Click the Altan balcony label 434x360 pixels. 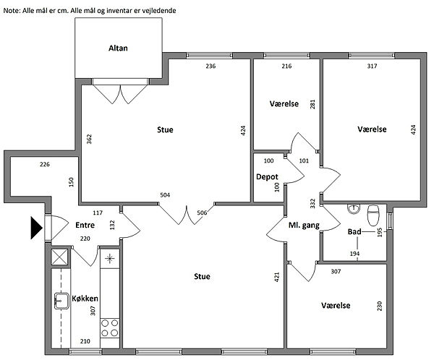(118, 48)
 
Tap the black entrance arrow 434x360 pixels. (37, 228)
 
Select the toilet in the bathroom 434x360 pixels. (373, 215)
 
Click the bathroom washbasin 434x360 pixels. (354, 209)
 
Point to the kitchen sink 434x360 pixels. (61, 301)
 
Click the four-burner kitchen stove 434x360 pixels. (110, 327)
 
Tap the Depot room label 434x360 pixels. (267, 177)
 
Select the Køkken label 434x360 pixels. (85, 299)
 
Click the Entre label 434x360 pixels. (85, 226)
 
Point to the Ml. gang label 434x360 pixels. (304, 226)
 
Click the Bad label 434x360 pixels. (354, 231)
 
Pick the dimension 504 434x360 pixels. (165, 195)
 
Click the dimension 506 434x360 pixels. (202, 213)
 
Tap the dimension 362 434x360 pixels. (89, 139)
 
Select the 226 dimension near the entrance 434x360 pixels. (45, 164)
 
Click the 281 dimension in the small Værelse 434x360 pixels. (312, 104)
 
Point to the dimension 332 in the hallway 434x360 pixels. (312, 203)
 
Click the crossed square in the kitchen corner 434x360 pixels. (60, 257)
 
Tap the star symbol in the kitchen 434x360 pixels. (110, 259)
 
